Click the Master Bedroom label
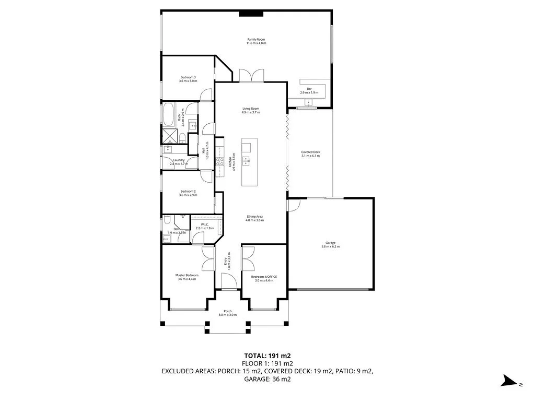187,277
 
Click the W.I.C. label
205,227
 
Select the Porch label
228,313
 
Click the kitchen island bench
248,162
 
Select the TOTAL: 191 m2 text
267,356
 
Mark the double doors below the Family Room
252,76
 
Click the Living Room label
251,110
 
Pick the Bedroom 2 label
188,193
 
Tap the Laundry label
179,162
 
